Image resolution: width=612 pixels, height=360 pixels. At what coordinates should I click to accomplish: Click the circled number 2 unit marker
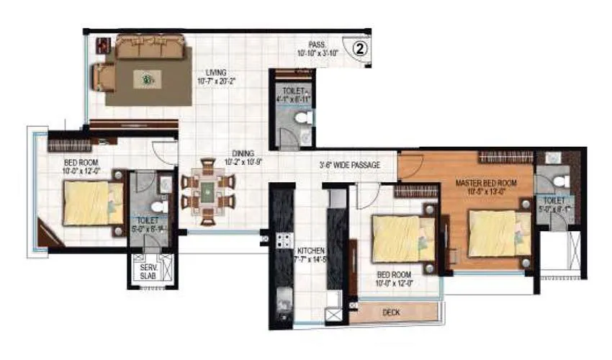point(361,48)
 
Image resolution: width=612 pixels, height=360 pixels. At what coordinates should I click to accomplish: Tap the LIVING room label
point(215,73)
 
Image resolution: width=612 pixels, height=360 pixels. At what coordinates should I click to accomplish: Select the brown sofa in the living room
point(150,48)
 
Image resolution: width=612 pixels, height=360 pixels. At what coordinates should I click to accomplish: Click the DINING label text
point(243,153)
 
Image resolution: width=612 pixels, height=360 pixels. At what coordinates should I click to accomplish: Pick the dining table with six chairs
point(207,191)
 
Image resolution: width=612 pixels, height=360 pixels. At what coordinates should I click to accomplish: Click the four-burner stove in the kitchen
point(284,241)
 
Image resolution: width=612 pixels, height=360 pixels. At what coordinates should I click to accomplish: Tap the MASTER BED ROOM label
point(486,184)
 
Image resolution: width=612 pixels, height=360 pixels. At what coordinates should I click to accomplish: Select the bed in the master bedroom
point(497,232)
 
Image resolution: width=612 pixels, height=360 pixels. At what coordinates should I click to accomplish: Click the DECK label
point(392,312)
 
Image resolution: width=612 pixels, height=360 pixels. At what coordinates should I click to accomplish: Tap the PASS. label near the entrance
point(315,44)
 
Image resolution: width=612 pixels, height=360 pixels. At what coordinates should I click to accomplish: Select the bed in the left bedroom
point(91,203)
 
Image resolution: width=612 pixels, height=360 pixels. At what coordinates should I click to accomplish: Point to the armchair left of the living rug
point(103,76)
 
